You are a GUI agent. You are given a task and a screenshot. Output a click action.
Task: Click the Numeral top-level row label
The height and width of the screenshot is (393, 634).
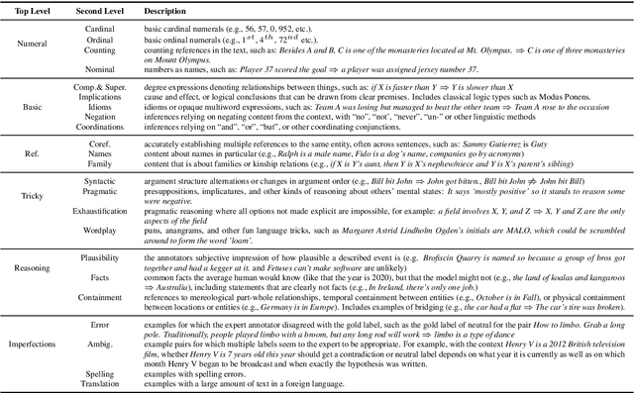(x=34, y=43)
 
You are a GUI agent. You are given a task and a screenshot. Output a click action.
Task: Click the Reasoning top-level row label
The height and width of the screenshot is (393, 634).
(x=34, y=266)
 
